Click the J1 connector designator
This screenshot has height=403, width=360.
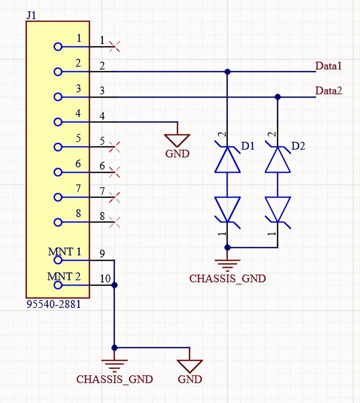pos(31,15)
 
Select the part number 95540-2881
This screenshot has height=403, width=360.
pos(54,304)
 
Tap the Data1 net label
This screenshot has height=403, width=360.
pos(328,66)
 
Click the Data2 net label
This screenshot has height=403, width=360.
pos(329,91)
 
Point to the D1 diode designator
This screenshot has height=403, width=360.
pos(248,146)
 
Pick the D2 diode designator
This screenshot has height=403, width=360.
pos(298,146)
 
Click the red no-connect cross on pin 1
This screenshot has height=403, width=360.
pos(115,46)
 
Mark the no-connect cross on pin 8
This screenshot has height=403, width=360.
pos(115,222)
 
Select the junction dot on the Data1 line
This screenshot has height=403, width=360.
pos(228,72)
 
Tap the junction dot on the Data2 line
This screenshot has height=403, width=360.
pos(278,96)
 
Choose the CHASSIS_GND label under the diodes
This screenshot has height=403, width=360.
pos(227,278)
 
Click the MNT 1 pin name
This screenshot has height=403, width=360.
pos(64,252)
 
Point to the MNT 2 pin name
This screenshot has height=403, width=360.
pos(64,276)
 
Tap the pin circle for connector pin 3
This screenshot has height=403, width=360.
pos(58,97)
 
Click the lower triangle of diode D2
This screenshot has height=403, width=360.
pos(278,209)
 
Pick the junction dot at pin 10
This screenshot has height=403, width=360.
pos(114,285)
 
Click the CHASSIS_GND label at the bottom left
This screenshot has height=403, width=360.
pos(115,379)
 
